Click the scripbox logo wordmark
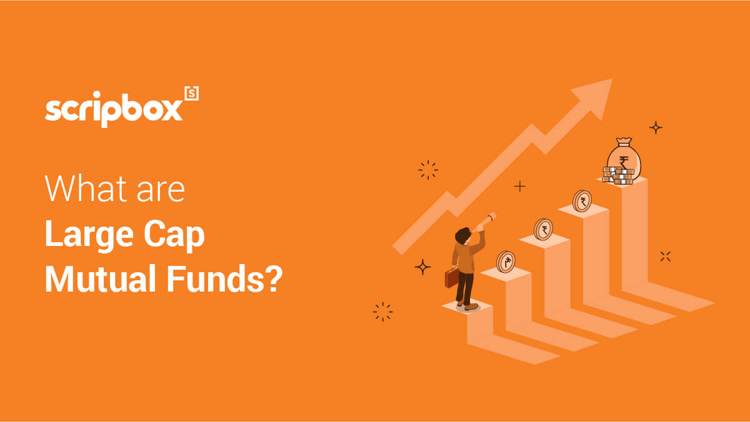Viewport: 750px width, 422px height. click(114, 109)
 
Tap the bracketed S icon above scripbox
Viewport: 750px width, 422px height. click(192, 93)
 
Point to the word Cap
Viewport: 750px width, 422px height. click(174, 235)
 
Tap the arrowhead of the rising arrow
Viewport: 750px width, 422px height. click(596, 97)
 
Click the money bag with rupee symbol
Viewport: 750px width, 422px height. click(624, 158)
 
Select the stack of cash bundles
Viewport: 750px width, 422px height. click(617, 175)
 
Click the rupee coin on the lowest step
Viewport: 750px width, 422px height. click(506, 262)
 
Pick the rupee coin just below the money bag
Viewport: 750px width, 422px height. click(582, 201)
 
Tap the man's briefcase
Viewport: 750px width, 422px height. click(452, 277)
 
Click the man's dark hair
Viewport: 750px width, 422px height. click(462, 236)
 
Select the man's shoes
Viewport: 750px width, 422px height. click(467, 305)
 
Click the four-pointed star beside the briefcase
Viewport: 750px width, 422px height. click(422, 267)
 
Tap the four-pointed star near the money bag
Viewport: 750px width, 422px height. click(656, 127)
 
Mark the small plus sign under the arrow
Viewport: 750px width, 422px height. click(519, 186)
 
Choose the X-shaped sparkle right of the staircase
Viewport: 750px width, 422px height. click(665, 257)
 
